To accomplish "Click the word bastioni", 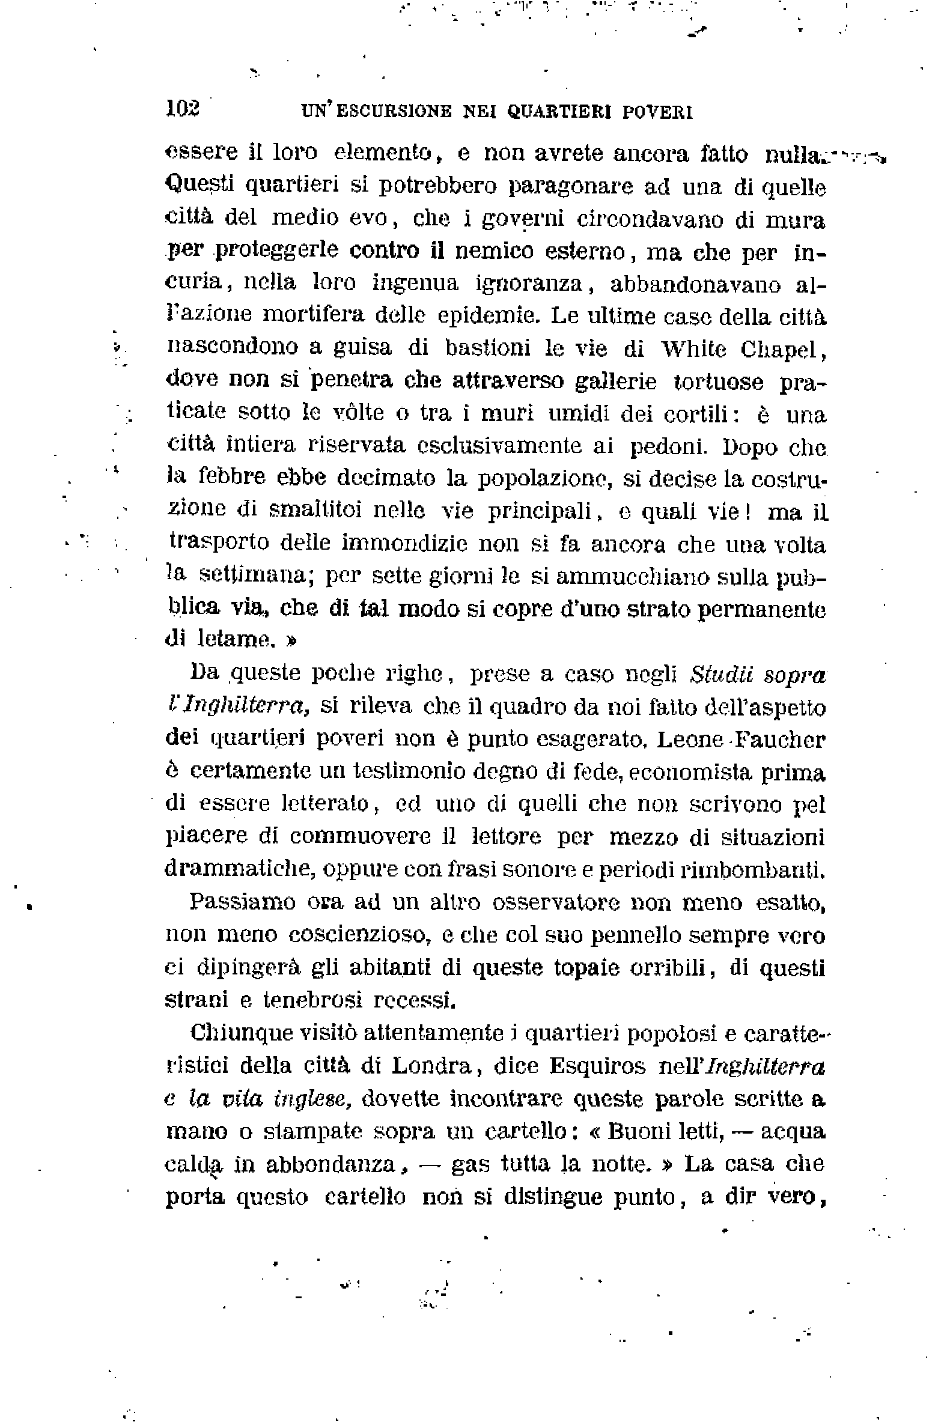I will click(x=488, y=348).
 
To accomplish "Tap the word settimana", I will click(x=254, y=575).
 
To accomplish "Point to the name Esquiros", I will click(x=597, y=1066).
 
